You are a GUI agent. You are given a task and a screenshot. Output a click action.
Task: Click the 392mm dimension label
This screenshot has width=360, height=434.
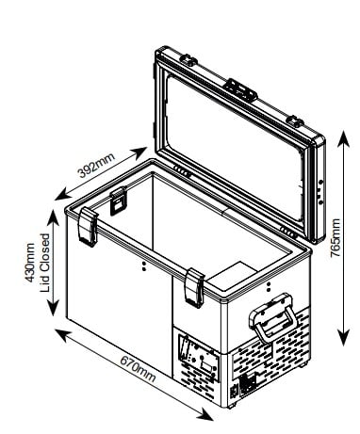[x=96, y=165]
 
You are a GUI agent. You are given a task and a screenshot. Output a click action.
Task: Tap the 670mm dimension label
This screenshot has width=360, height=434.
[x=138, y=368]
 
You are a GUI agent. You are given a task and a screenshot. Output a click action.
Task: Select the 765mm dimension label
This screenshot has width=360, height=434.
[x=335, y=238]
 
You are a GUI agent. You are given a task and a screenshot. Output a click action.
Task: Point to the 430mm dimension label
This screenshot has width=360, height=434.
[x=30, y=263]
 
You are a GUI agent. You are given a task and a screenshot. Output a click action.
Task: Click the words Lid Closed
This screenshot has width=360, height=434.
[x=45, y=263]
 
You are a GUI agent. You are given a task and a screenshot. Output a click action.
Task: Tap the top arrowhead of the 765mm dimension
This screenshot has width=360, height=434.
[x=344, y=138]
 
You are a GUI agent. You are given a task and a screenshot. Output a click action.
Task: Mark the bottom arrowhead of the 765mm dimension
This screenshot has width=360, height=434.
[x=344, y=338]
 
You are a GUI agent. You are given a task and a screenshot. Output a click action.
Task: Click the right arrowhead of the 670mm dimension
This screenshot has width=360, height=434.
[x=205, y=413]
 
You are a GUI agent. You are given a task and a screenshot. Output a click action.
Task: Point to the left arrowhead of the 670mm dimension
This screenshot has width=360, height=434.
[x=63, y=335]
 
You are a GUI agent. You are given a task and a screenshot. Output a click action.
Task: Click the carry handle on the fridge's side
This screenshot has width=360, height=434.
[x=272, y=317]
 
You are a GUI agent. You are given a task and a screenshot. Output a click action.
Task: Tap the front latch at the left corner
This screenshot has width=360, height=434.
[x=88, y=227]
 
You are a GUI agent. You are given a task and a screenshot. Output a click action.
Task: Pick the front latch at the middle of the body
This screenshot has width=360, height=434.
[x=195, y=288]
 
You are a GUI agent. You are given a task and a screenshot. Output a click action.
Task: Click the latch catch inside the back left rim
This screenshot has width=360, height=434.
[x=118, y=201]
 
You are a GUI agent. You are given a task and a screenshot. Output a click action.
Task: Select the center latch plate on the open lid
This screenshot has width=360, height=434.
[x=240, y=89]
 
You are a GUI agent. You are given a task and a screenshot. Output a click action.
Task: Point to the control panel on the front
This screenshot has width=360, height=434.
[x=199, y=357]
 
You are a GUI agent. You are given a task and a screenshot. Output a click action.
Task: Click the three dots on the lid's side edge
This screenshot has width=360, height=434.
[x=320, y=192]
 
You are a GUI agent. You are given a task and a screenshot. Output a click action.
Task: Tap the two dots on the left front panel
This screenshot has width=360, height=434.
[x=144, y=266]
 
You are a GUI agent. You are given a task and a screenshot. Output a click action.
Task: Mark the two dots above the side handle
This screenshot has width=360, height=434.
[x=269, y=286]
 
